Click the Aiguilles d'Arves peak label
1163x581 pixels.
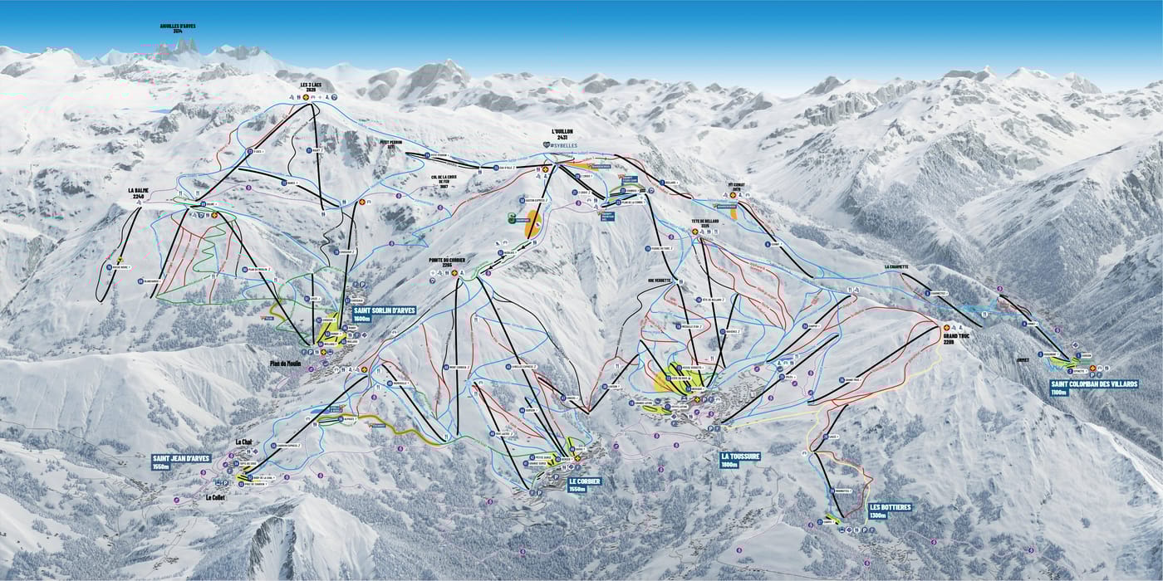(177, 28)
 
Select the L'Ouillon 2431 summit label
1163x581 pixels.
(562, 135)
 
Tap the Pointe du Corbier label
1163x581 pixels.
(447, 261)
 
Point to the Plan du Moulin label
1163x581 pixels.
(284, 363)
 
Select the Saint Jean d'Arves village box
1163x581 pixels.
(181, 461)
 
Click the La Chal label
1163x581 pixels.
(243, 442)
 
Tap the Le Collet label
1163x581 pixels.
(215, 498)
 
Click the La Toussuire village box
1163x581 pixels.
(742, 460)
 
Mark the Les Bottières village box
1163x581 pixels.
(890, 510)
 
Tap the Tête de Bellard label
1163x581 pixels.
(704, 222)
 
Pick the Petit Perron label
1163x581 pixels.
(390, 142)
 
